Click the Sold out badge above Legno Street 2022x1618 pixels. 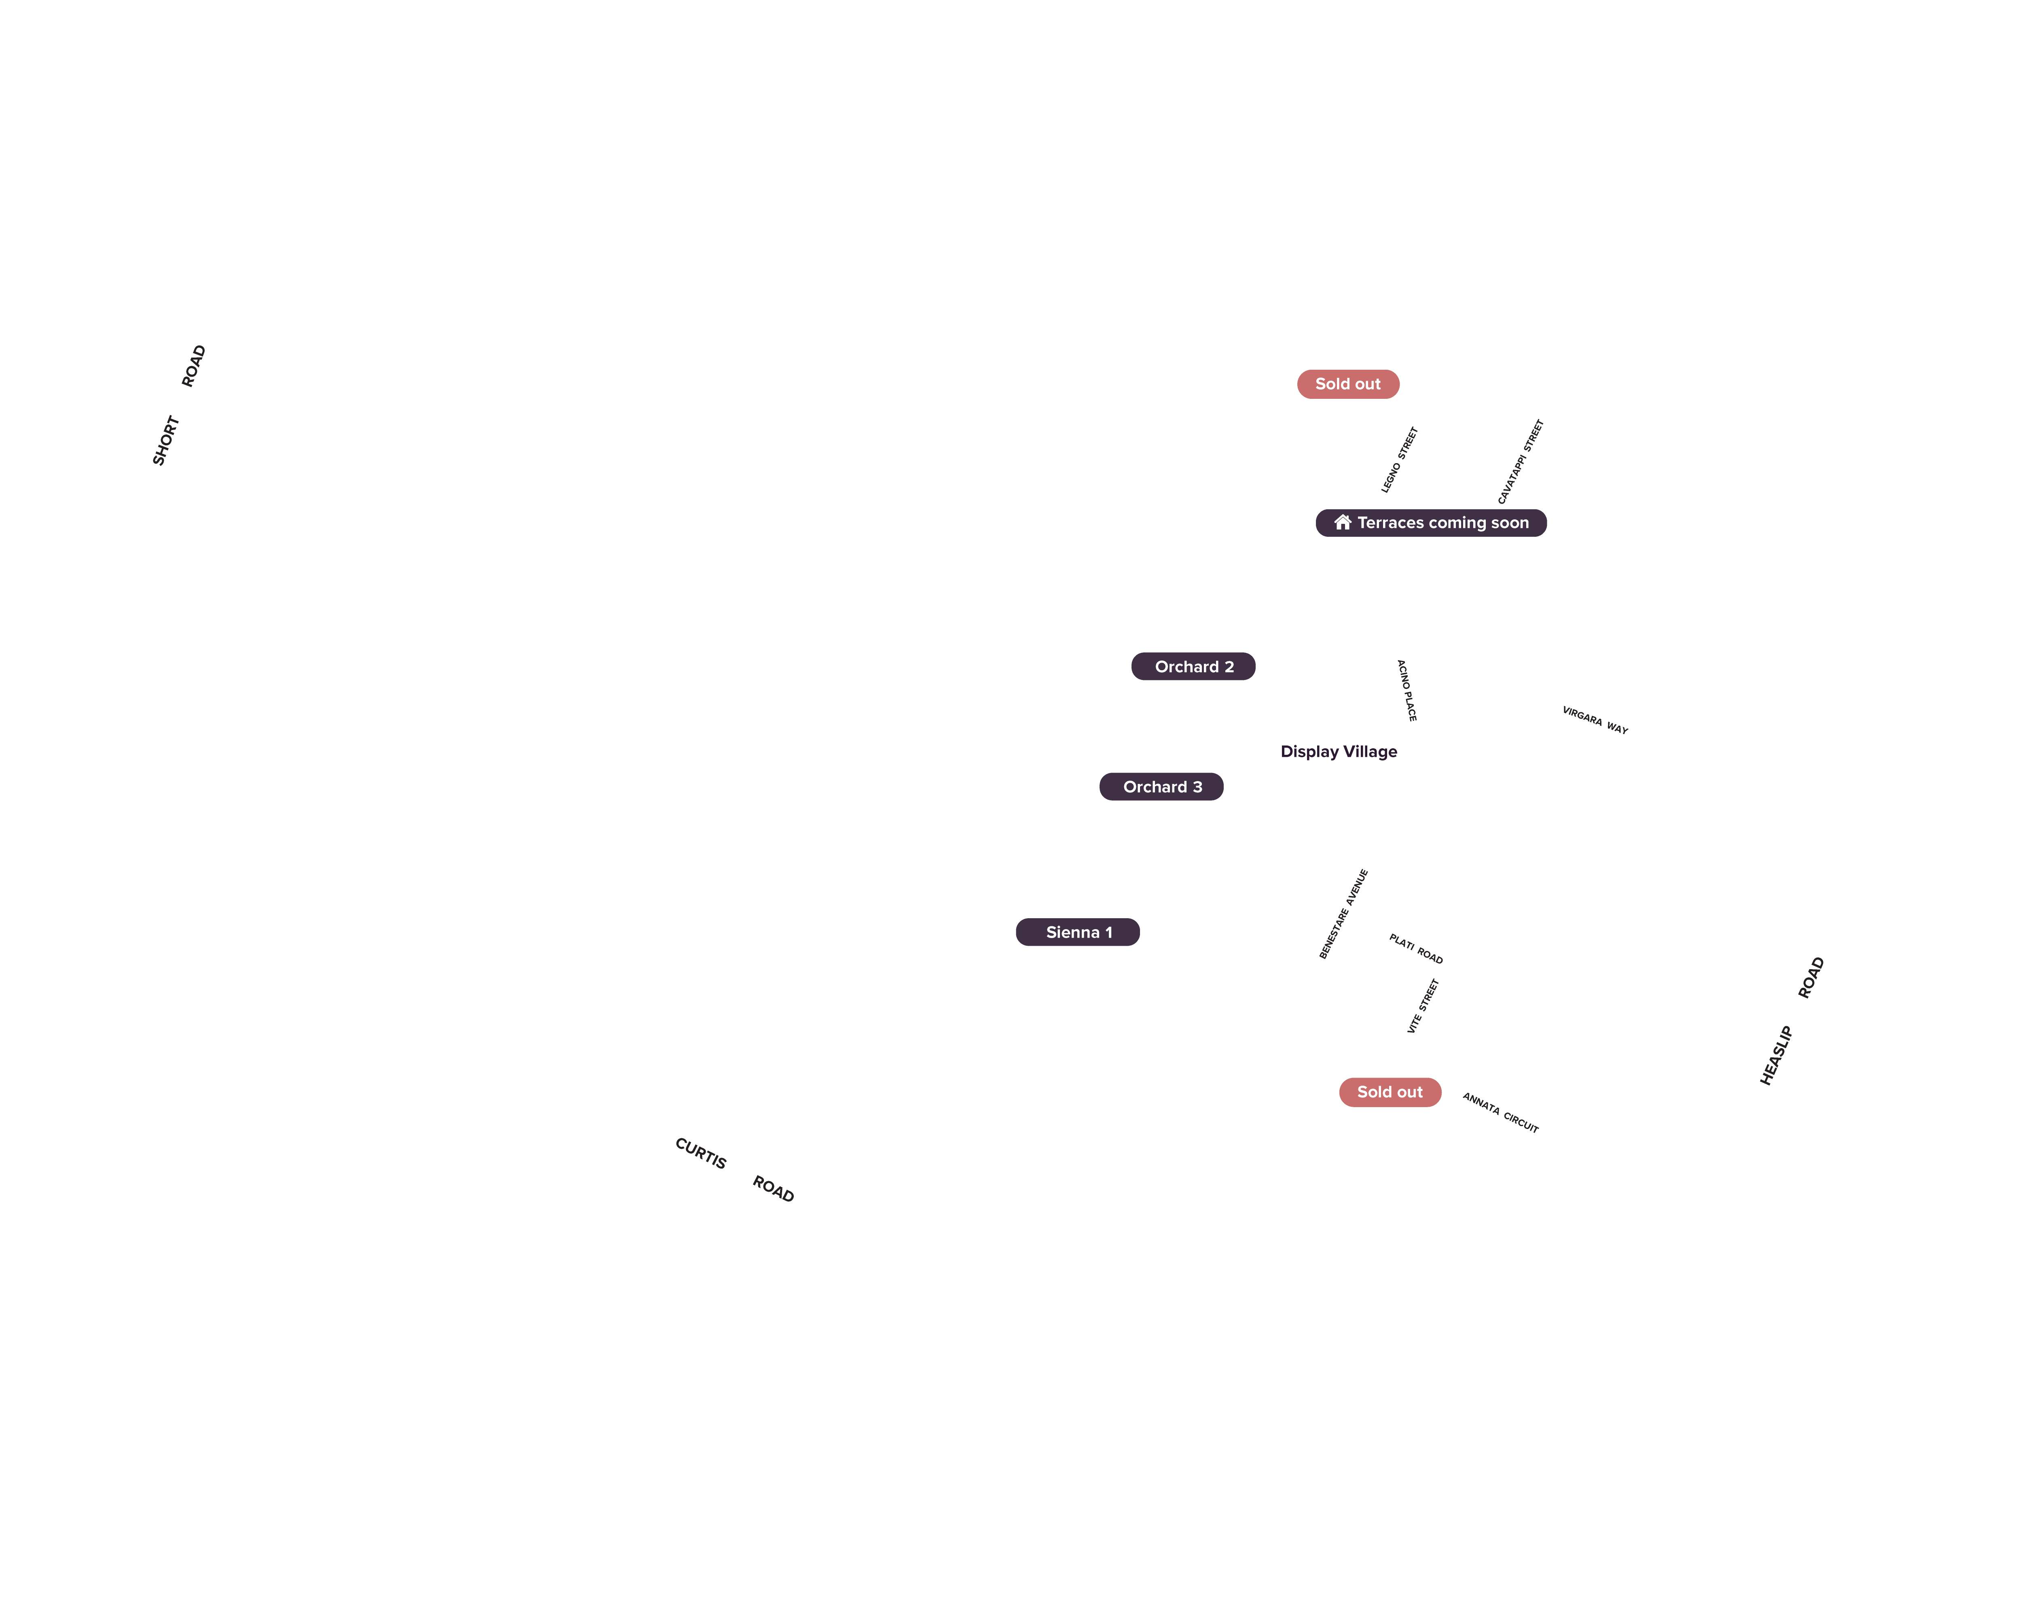coord(1348,383)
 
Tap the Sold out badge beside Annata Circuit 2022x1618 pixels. coord(1390,1092)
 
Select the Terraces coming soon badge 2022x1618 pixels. coord(1431,523)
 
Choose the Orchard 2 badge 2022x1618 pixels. coord(1193,666)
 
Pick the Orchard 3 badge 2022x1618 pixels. coord(1161,786)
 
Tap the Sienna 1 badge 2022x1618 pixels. coord(1078,932)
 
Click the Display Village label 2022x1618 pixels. coord(1338,751)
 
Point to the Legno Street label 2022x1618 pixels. coord(1399,460)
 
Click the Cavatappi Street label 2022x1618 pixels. coord(1520,462)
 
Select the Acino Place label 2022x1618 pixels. coord(1407,690)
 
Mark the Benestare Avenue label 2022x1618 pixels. coord(1344,914)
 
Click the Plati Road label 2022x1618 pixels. coord(1416,948)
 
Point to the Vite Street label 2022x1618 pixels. coord(1423,1006)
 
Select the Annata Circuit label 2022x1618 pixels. coord(1501,1112)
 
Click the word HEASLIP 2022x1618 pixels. coord(1776,1055)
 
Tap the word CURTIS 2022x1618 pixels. coord(700,1153)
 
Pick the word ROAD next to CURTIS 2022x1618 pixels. coord(774,1188)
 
